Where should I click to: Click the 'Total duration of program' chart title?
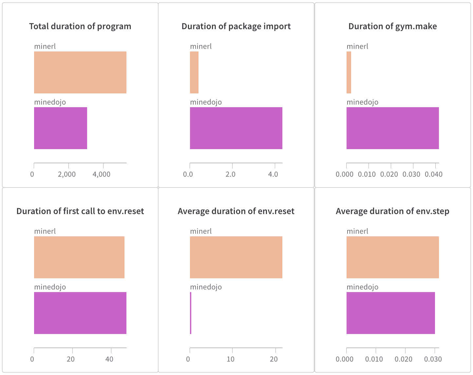[x=80, y=27]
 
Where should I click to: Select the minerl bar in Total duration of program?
[x=80, y=72]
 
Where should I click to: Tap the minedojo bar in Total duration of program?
[x=61, y=128]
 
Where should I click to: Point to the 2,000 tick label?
[x=67, y=174]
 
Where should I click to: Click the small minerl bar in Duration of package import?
[x=194, y=72]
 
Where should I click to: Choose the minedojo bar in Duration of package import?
[x=236, y=128]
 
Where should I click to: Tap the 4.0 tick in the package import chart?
[x=273, y=174]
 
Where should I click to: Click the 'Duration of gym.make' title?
[x=392, y=27]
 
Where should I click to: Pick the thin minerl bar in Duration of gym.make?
[x=349, y=72]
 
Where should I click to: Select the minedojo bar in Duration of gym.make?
[x=392, y=128]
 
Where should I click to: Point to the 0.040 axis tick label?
[x=434, y=174]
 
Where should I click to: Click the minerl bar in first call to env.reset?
[x=79, y=257]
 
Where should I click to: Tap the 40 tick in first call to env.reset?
[x=109, y=359]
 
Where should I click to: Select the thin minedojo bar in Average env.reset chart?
[x=191, y=313]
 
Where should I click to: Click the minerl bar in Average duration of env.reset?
[x=236, y=257]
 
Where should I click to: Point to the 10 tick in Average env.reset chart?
[x=231, y=359]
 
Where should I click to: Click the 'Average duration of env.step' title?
[x=392, y=211]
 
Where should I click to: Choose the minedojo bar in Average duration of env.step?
[x=390, y=313]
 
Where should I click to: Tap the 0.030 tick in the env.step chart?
[x=433, y=359]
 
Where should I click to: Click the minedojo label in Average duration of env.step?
[x=362, y=287]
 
